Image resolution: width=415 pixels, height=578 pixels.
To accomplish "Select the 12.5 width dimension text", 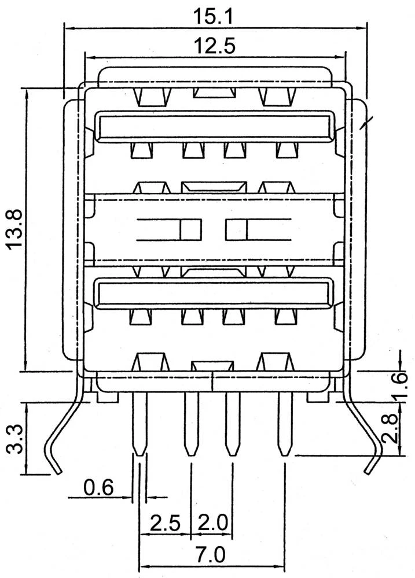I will (x=214, y=46).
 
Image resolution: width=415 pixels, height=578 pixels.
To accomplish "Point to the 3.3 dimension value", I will (x=16, y=439).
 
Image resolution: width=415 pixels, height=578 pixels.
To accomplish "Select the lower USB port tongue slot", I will (x=215, y=294).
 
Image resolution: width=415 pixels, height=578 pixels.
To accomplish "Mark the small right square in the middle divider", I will (x=236, y=229).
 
